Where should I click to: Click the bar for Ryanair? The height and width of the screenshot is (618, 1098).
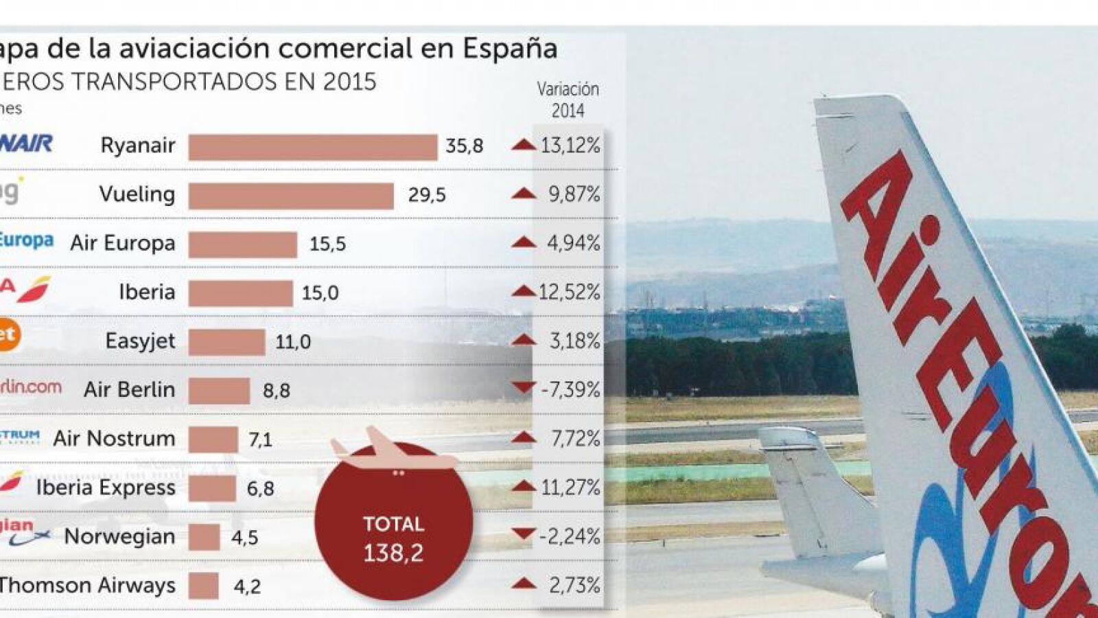[313, 147]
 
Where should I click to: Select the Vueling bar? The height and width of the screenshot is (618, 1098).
[291, 196]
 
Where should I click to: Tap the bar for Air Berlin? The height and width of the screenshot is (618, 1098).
[219, 391]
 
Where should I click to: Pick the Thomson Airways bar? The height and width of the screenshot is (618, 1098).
[203, 586]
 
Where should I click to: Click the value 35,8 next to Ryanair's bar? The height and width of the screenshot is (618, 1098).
[465, 146]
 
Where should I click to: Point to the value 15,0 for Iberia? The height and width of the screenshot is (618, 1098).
[320, 293]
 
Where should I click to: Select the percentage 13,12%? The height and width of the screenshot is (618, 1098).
[570, 146]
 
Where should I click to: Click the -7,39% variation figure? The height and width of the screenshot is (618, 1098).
[570, 390]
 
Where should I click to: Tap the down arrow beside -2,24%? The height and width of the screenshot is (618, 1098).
[524, 534]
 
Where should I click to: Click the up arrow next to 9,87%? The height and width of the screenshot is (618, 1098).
[524, 194]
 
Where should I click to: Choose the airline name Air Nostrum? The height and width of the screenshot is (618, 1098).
[114, 439]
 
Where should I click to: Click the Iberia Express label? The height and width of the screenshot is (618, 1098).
[106, 488]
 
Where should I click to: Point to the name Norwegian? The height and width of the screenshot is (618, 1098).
[119, 536]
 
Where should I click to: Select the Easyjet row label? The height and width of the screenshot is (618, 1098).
[140, 341]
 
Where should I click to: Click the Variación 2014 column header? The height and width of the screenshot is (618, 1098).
[568, 100]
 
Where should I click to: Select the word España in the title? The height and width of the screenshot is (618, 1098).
[509, 48]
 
